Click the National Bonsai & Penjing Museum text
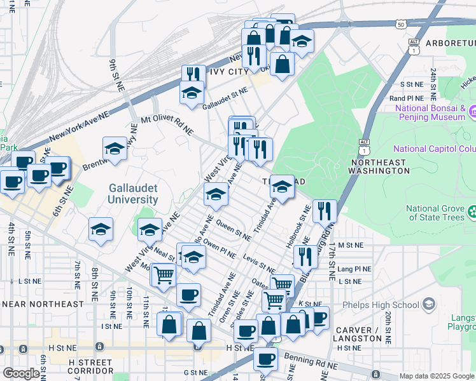431,113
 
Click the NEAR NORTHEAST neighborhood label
43,304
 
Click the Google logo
21,373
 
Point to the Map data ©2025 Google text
437,376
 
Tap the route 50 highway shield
400,24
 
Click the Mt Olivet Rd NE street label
167,124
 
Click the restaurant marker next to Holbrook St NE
325,210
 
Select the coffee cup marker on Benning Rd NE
265,359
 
